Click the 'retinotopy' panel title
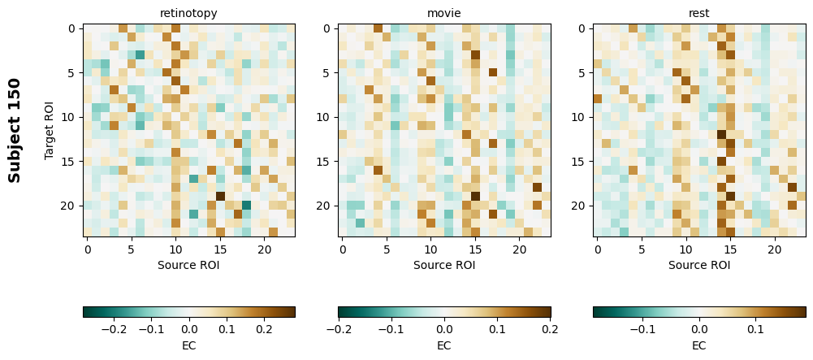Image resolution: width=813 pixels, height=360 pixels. point(188,13)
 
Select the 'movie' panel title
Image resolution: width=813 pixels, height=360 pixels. point(444,13)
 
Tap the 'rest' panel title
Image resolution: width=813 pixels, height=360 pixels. point(699,13)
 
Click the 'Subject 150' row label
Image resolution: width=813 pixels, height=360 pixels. point(15,130)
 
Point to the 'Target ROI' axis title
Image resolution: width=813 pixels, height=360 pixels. point(50,130)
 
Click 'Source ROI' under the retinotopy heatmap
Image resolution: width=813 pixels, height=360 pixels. point(188,265)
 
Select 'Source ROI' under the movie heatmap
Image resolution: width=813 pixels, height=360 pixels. point(444,265)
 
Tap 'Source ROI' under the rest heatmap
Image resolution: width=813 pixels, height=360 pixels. point(699,265)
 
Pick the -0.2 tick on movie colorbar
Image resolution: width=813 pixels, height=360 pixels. point(339,330)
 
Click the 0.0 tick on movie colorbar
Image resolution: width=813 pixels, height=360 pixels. point(444,330)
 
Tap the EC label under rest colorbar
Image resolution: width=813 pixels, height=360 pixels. point(699,345)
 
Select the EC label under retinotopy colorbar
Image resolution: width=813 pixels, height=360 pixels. point(188,345)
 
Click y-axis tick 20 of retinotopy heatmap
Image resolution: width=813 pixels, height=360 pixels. point(71,206)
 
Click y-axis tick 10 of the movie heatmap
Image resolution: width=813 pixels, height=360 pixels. point(326,117)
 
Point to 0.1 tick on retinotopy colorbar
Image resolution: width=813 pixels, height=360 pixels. point(227,330)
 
